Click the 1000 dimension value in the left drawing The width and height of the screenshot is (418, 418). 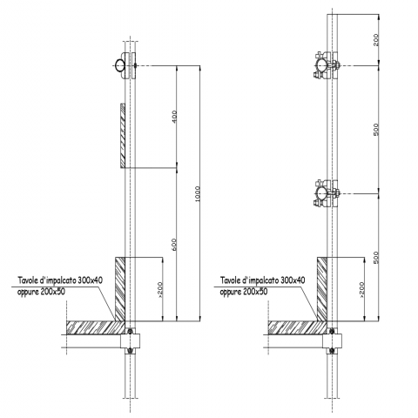point(198,194)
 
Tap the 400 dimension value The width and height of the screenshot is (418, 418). point(174,117)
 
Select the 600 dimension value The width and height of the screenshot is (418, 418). point(174,245)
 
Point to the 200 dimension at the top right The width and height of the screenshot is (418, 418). point(376,40)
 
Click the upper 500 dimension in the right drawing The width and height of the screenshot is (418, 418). point(376,130)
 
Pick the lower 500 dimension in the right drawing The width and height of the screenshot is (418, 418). point(376,258)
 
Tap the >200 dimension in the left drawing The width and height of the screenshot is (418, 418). point(160,290)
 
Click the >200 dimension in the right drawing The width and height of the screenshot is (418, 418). point(361,290)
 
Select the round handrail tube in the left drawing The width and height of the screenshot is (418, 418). point(119,65)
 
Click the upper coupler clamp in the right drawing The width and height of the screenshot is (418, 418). point(326,65)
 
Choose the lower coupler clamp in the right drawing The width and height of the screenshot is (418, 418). point(326,193)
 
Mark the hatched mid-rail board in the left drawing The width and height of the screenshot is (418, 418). point(123,136)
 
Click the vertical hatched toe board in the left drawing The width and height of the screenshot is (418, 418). point(120,289)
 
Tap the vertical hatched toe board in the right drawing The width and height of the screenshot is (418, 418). point(322,289)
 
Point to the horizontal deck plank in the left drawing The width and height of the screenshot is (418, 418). point(96,327)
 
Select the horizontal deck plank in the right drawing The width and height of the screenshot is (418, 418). point(298,327)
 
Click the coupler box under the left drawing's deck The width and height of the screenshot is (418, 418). point(130,341)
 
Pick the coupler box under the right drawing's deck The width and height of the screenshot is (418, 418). point(332,341)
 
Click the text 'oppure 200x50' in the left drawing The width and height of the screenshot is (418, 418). point(41,292)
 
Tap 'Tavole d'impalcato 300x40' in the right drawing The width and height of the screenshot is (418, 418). point(262,280)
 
